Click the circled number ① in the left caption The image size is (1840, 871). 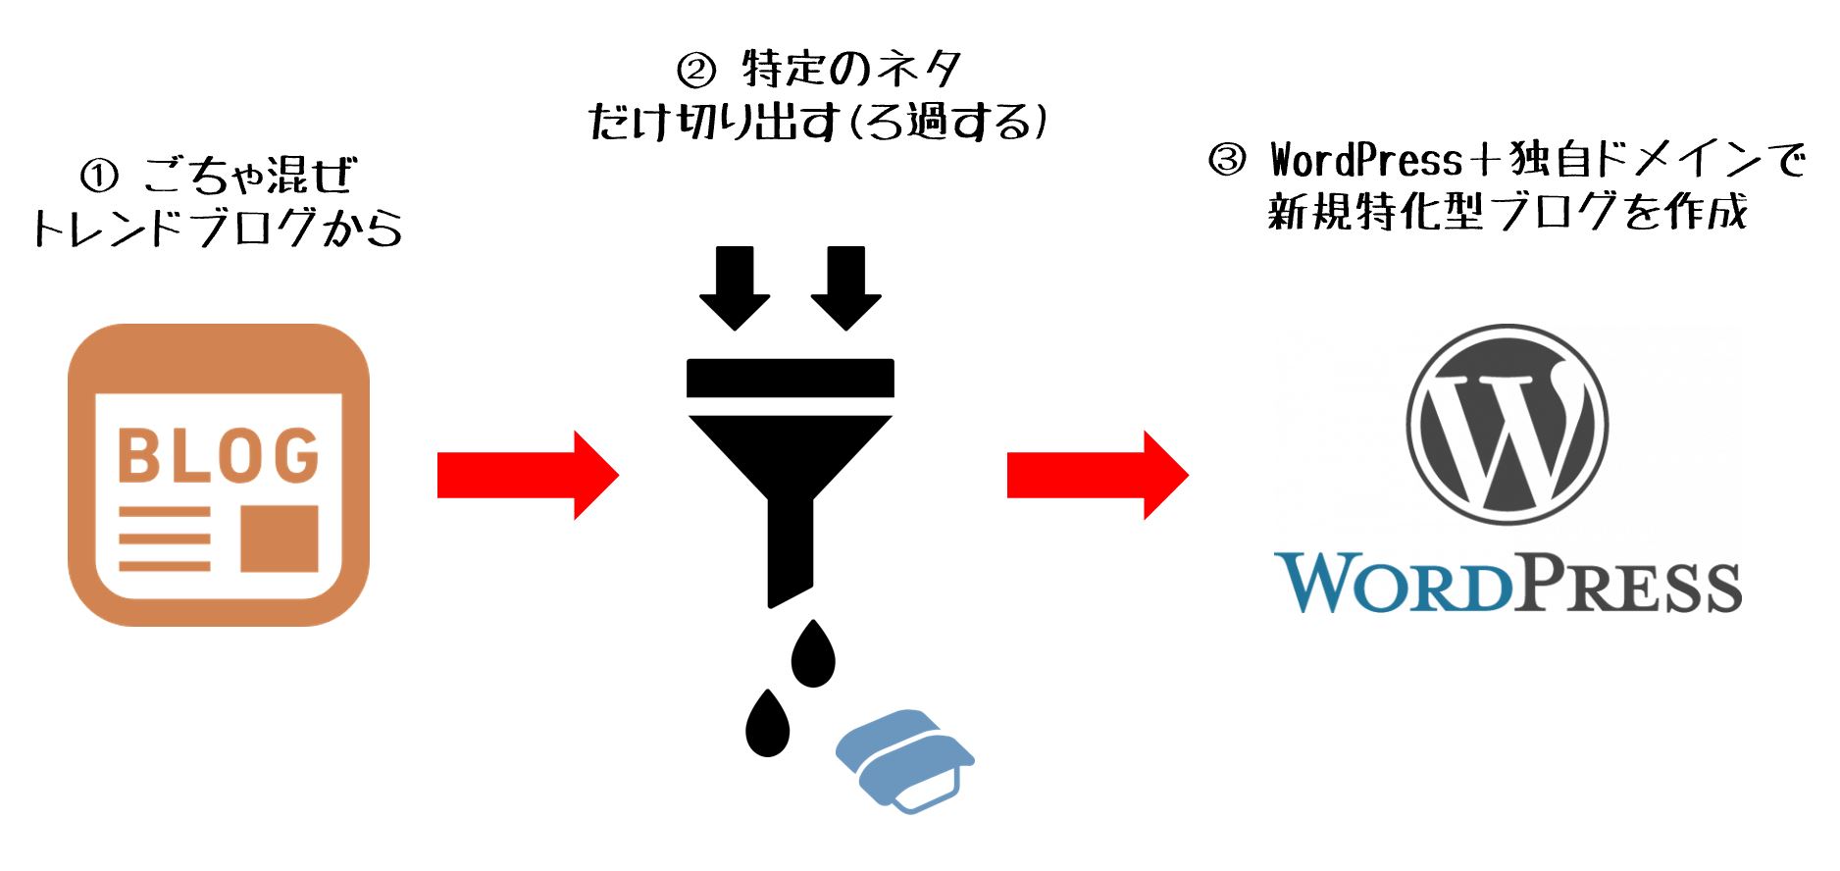click(x=99, y=177)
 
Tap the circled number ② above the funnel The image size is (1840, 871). click(x=697, y=71)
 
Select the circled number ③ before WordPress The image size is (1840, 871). click(x=1227, y=160)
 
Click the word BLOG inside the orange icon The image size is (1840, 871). click(x=219, y=455)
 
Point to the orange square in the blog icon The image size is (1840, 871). click(x=280, y=538)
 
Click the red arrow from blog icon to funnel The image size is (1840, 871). click(x=527, y=476)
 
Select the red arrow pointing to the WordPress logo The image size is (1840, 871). click(x=1097, y=476)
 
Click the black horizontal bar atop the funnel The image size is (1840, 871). click(x=791, y=379)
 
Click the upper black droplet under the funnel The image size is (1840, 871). click(x=813, y=654)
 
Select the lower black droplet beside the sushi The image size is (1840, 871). click(x=767, y=724)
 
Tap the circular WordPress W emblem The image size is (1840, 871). click(x=1507, y=425)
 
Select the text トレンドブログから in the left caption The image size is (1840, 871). click(x=217, y=229)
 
